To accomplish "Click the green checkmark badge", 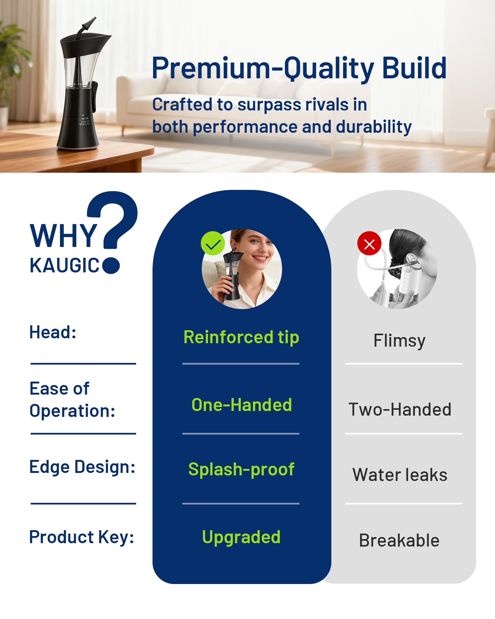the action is (213, 243).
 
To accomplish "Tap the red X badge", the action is (369, 243).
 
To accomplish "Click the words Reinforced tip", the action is (241, 337).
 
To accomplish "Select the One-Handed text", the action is (242, 405).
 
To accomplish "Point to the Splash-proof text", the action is (241, 470).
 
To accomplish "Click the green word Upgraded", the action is (241, 538).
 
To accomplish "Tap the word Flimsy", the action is (399, 341).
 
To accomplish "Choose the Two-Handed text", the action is (400, 409).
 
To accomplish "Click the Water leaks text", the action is (400, 475).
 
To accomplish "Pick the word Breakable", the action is (399, 540).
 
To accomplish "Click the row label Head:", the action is (53, 332).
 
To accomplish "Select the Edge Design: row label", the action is (82, 467).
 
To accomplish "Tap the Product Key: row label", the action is (82, 537).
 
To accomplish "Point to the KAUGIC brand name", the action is (65, 266).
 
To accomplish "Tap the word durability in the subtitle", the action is (374, 127).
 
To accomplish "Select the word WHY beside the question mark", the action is (63, 236).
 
